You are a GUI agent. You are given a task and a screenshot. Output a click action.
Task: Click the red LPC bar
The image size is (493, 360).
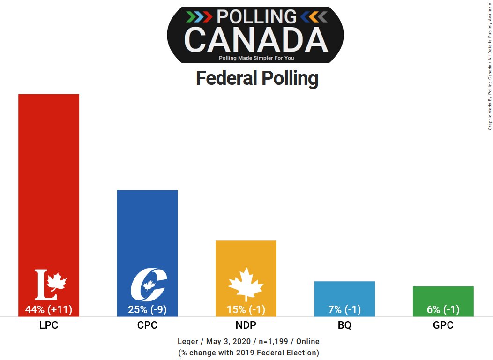click(49, 178)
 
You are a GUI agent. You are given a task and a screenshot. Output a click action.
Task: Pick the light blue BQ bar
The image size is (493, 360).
click(344, 293)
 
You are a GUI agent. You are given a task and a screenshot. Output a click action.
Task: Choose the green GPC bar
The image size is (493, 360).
click(443, 295)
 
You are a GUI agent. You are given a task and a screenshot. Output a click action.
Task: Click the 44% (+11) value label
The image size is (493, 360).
click(49, 309)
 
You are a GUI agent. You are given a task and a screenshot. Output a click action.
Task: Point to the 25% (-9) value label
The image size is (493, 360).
click(147, 309)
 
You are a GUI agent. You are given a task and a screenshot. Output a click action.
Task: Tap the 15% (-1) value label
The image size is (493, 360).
click(246, 309)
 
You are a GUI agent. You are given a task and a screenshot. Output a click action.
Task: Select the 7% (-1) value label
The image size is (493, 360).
click(344, 309)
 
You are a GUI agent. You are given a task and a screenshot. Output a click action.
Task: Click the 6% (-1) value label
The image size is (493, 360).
click(443, 309)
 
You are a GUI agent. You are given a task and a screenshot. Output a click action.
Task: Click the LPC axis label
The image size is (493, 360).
click(49, 325)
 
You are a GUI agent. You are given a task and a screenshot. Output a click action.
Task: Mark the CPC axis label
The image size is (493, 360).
click(147, 325)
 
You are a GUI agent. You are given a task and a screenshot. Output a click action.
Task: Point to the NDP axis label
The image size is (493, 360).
click(246, 325)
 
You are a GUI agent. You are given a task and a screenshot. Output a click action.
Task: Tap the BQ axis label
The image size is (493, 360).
click(344, 325)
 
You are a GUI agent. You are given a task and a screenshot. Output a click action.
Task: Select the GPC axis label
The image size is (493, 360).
click(443, 325)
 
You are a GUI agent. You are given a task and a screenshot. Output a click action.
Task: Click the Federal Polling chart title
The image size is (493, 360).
click(257, 78)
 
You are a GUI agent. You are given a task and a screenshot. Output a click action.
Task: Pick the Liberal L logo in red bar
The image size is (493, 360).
click(50, 285)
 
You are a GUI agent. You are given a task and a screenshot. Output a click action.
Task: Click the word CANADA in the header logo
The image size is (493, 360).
click(256, 39)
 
